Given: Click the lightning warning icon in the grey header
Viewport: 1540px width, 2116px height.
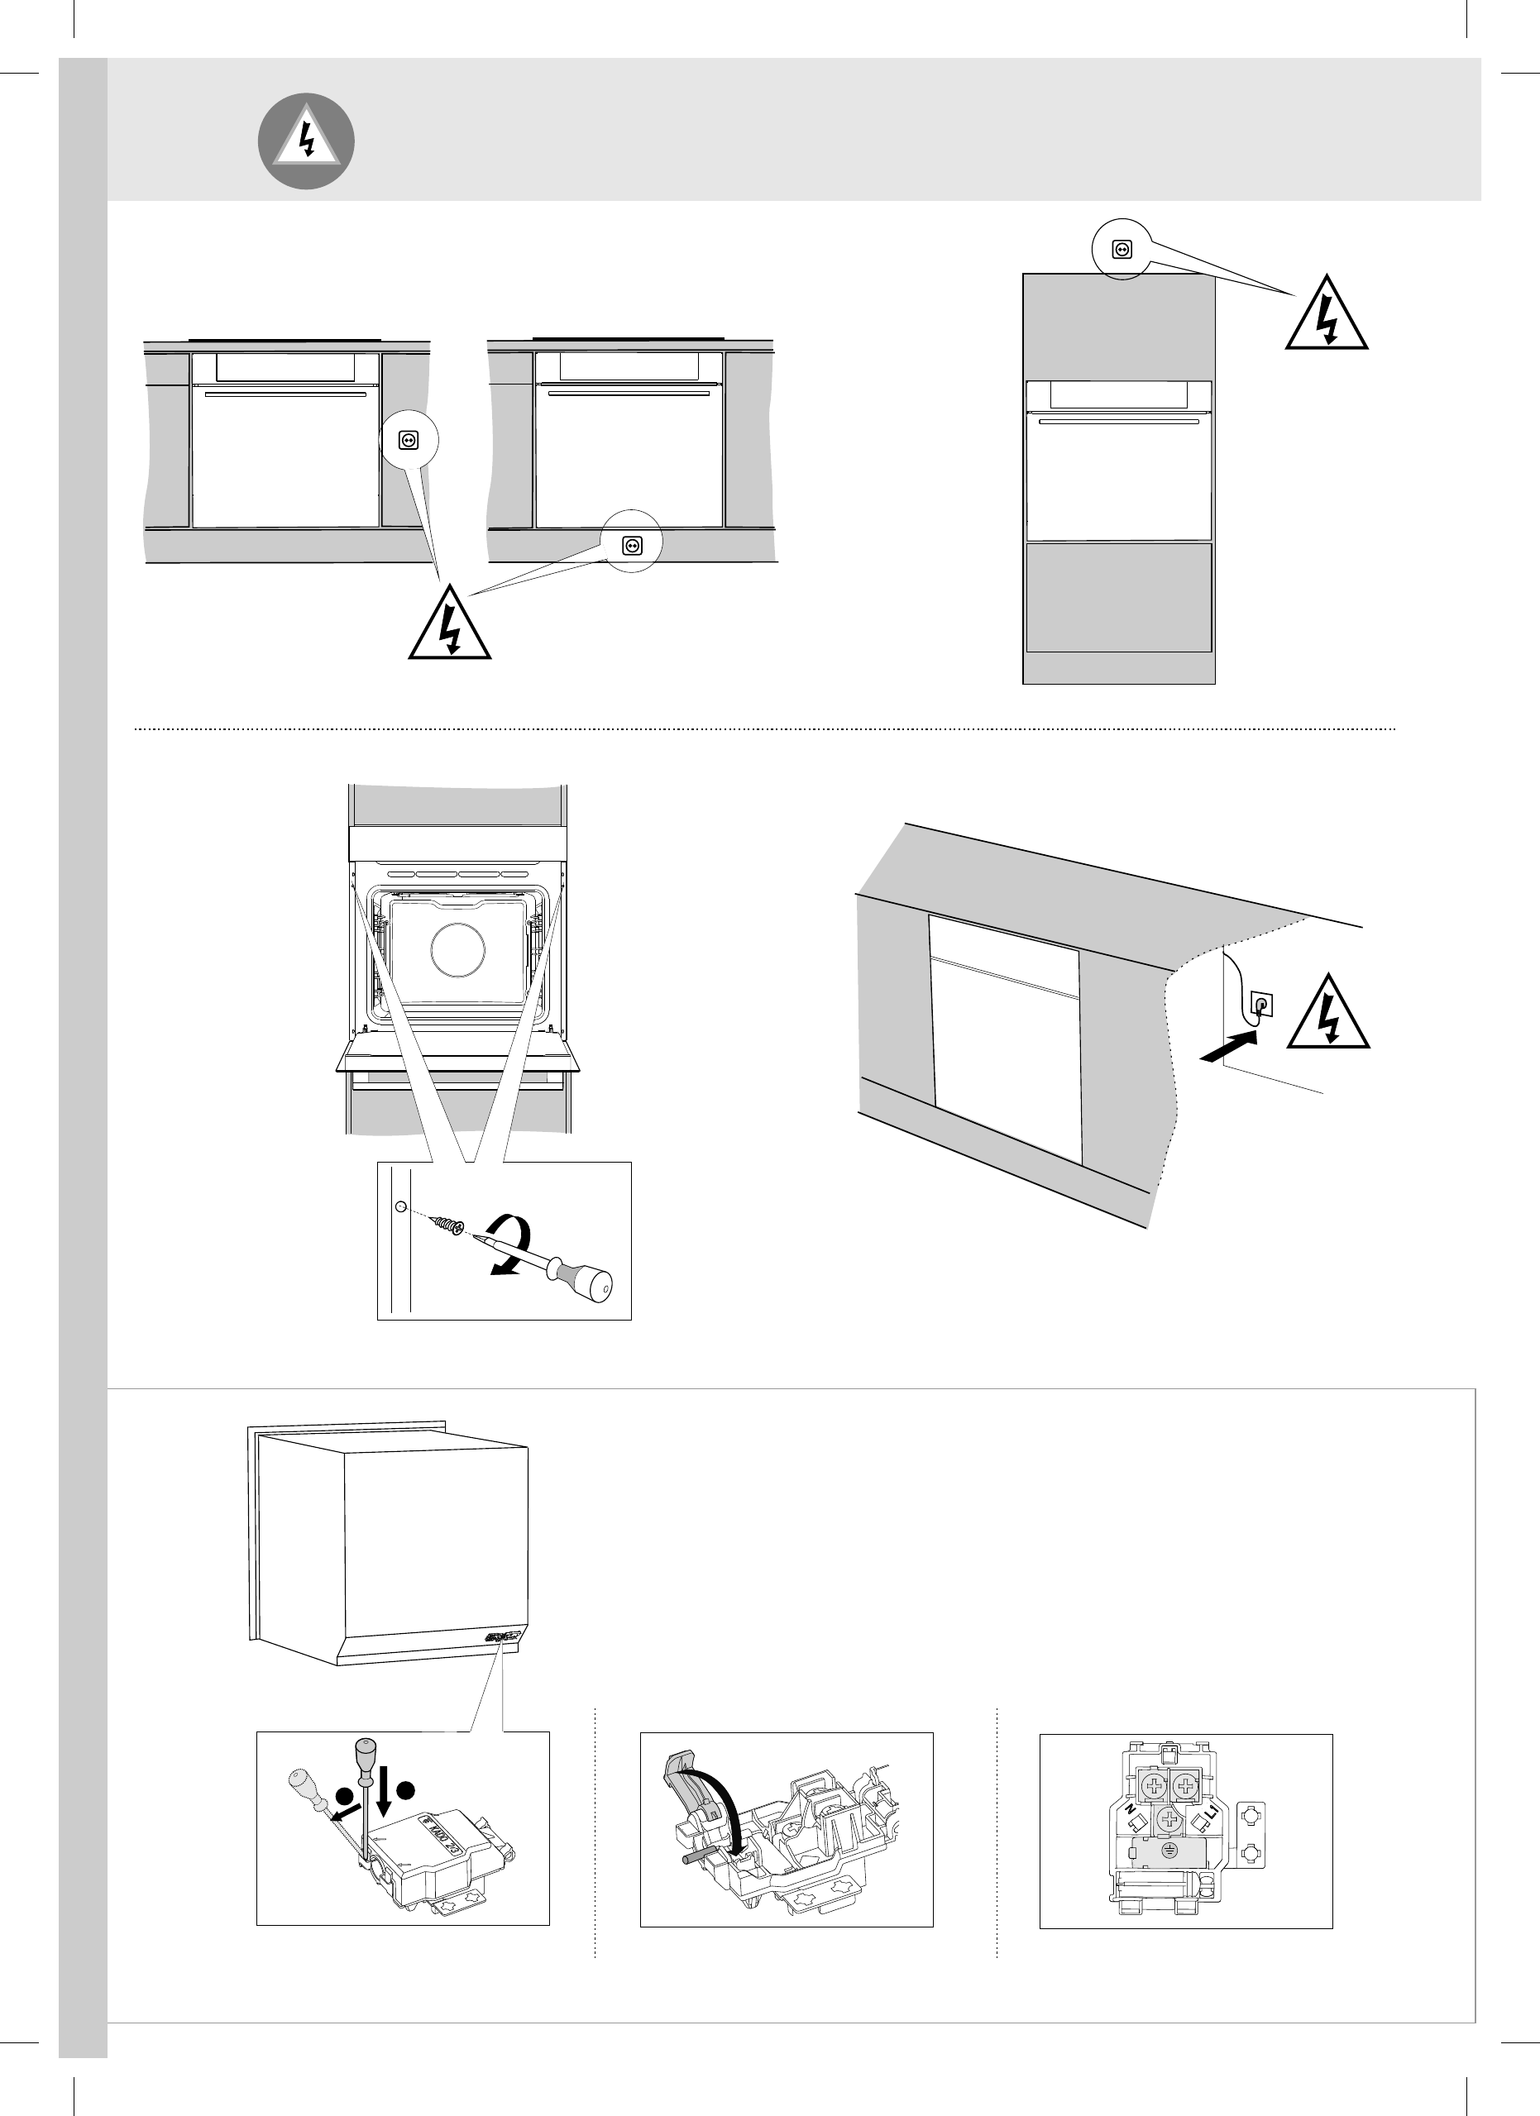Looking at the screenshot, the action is (x=305, y=142).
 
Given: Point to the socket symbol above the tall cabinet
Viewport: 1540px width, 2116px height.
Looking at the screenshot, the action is (x=1122, y=249).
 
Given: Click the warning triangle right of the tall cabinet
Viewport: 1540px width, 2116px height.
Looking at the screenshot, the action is (x=1327, y=315).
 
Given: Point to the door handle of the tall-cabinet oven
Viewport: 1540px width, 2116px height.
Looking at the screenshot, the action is (x=1119, y=423).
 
